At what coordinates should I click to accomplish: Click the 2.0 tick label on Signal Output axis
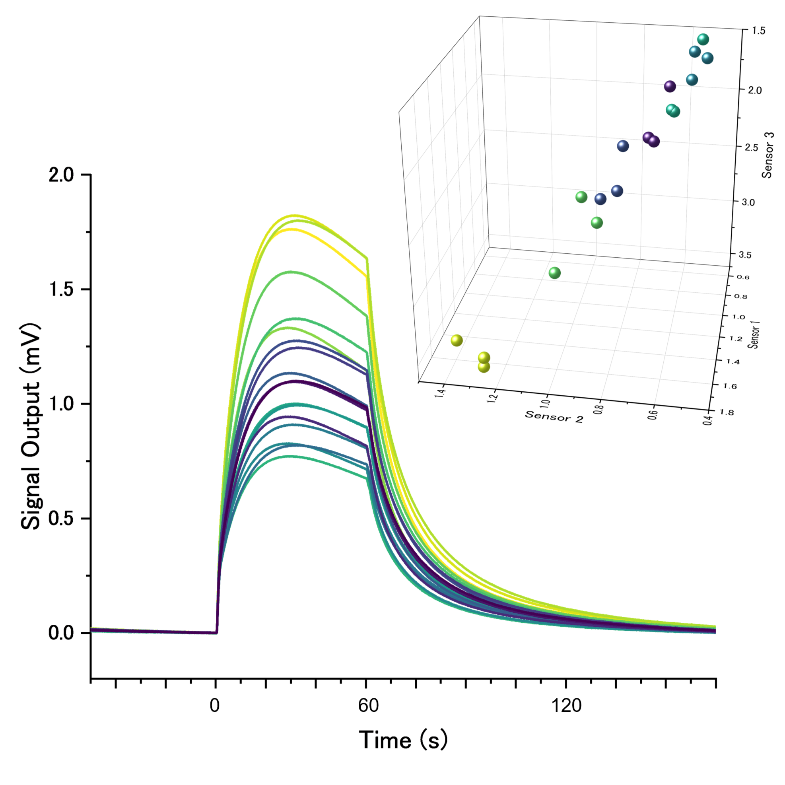point(61,175)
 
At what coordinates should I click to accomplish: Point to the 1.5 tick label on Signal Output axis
point(61,289)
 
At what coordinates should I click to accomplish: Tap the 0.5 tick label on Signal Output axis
point(61,519)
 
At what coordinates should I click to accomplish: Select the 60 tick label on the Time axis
point(368,705)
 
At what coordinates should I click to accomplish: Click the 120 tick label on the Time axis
point(566,705)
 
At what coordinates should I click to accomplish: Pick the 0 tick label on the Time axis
point(214,705)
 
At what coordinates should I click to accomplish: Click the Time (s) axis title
point(403,740)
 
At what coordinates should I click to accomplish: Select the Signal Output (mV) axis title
point(31,426)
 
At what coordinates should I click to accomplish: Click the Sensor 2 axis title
point(554,416)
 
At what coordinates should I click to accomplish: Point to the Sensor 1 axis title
point(754,334)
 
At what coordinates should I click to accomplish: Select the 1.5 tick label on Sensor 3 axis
point(758,31)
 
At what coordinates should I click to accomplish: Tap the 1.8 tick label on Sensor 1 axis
point(727,412)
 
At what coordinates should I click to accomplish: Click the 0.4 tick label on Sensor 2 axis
point(707,418)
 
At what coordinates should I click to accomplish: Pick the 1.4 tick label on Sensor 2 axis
point(441,393)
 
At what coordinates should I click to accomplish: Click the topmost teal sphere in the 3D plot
point(703,39)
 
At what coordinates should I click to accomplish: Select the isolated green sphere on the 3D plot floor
point(555,273)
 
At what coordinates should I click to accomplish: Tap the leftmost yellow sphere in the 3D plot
point(457,340)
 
